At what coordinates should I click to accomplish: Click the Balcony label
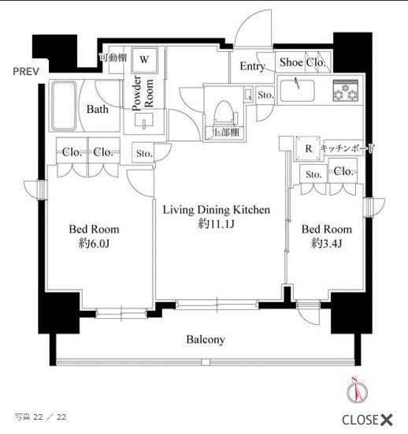[x=206, y=340]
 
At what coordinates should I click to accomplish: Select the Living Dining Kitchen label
[x=217, y=210]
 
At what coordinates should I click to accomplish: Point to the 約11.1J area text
[x=217, y=224]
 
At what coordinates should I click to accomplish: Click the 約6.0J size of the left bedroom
[x=94, y=244]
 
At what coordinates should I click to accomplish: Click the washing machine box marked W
[x=144, y=58]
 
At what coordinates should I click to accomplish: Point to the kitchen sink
[x=299, y=92]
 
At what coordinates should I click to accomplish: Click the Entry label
[x=252, y=66]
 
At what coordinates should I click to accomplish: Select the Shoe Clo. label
[x=302, y=63]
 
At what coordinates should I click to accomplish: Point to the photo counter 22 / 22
[x=40, y=416]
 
